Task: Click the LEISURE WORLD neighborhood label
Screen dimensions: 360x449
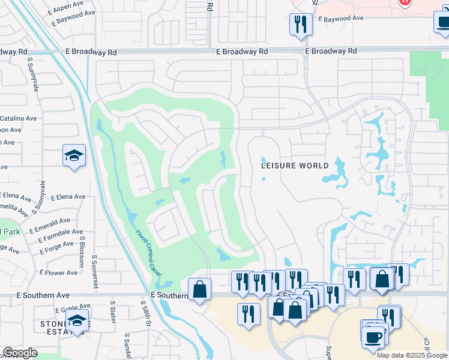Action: click(295, 166)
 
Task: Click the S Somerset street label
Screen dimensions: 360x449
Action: click(94, 272)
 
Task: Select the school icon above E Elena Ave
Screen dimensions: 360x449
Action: click(74, 157)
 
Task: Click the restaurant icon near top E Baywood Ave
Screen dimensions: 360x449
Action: click(299, 25)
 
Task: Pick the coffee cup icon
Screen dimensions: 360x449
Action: click(373, 335)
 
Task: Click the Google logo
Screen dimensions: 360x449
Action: click(20, 353)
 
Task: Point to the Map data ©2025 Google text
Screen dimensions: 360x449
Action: click(412, 355)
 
